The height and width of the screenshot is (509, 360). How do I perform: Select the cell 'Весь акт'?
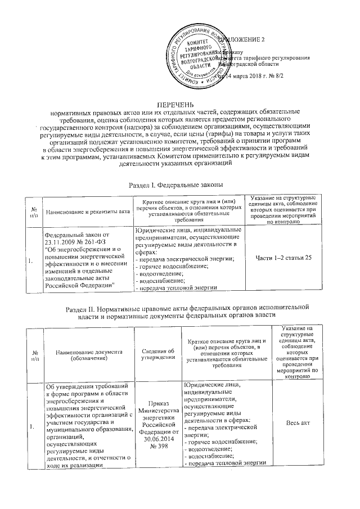299,422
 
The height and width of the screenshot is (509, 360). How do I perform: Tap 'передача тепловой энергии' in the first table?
176,287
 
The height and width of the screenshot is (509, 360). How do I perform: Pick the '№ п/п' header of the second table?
35,353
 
